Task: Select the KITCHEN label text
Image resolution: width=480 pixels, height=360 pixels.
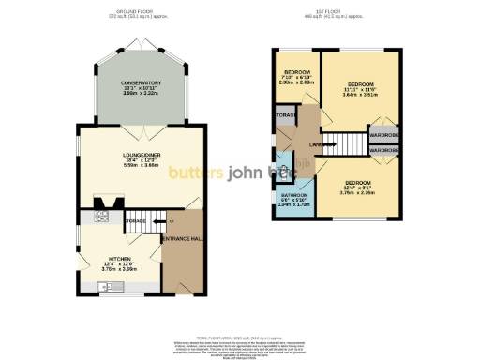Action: coord(119,258)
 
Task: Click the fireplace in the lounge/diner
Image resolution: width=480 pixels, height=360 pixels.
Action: coord(111,200)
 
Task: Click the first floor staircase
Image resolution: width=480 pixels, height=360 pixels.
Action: coord(348,144)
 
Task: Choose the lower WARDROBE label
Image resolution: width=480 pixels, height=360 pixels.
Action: coord(383,150)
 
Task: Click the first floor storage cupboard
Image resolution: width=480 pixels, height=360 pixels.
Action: coord(285,115)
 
